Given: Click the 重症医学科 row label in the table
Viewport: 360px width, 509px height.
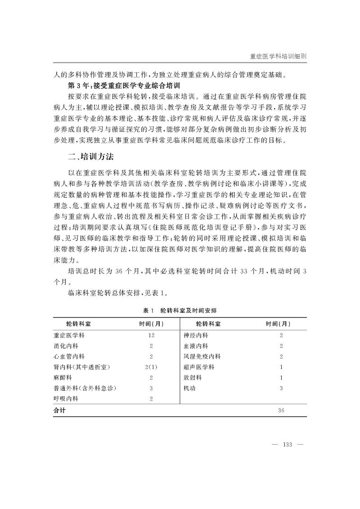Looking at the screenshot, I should [69, 336].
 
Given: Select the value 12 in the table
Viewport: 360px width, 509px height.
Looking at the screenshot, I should [151, 336].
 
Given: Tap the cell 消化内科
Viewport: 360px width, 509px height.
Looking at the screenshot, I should [66, 346].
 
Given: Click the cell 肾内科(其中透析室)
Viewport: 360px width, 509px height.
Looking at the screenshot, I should [82, 367].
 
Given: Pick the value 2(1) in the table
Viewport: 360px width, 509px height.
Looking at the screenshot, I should [151, 367].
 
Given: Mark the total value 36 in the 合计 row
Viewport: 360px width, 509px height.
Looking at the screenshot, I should [281, 410].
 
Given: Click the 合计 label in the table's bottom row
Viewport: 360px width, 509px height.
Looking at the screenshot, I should [59, 410].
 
